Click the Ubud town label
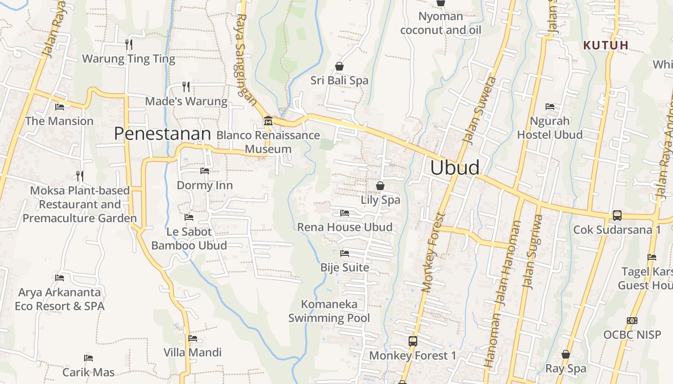point(455,168)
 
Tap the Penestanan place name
point(162,134)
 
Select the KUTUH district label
point(606,46)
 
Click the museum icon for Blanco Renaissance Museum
point(268,120)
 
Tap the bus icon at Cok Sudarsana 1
point(617,216)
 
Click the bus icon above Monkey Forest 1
point(412,341)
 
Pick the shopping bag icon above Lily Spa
point(380,185)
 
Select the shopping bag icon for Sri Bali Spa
point(339,66)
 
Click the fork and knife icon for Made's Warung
point(186,87)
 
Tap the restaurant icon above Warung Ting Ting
point(129,45)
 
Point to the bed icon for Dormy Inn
point(205,171)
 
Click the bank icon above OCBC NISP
point(632,321)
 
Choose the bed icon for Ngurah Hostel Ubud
point(550,107)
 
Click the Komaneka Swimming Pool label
point(329,311)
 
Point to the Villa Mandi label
point(193,352)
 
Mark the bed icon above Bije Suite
point(345,253)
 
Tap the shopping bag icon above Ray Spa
point(566,354)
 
